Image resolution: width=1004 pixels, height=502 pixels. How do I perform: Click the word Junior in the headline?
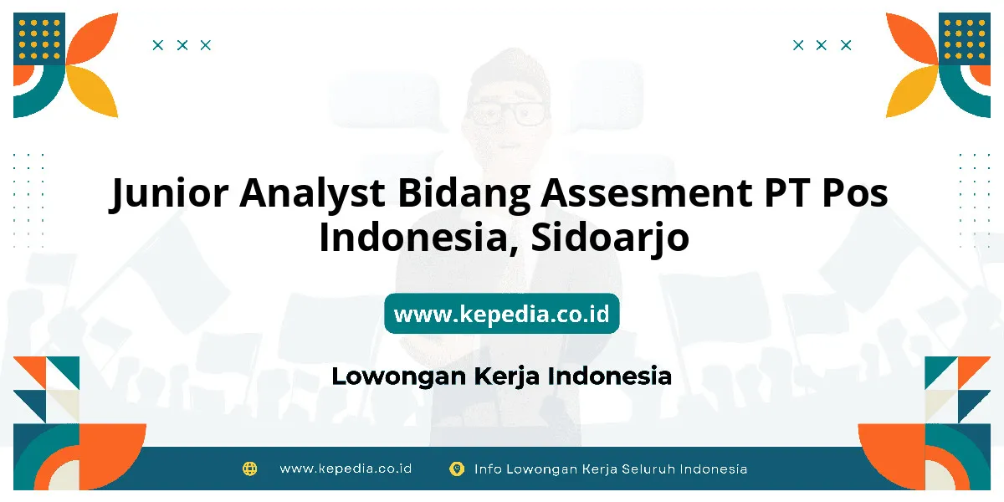(x=169, y=193)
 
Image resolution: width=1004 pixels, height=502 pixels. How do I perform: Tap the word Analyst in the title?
(x=312, y=193)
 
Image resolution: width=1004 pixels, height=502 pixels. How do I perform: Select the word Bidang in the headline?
(x=464, y=193)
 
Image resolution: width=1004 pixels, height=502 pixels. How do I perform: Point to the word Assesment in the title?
(x=646, y=192)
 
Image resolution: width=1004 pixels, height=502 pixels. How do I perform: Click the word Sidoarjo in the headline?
(x=610, y=238)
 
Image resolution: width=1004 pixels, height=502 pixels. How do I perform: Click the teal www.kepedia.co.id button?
(x=502, y=313)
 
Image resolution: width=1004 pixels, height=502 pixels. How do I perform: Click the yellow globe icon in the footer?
(x=249, y=469)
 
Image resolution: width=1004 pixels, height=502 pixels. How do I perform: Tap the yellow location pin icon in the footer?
(x=457, y=469)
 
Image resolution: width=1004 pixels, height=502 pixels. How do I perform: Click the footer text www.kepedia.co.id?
(x=346, y=469)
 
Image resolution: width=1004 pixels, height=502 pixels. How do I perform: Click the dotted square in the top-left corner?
(x=39, y=38)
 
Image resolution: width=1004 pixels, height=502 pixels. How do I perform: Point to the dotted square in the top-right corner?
(x=965, y=38)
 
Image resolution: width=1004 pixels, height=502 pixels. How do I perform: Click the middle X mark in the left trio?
(x=182, y=45)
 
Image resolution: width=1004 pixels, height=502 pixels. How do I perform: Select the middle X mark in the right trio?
(x=821, y=45)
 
